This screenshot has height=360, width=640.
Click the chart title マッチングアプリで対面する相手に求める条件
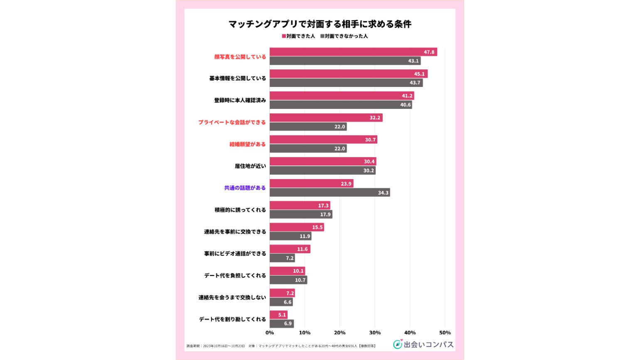(320, 24)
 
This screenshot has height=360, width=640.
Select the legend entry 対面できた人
(298, 36)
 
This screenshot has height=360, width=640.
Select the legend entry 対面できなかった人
(344, 36)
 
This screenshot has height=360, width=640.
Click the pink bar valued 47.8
(353, 52)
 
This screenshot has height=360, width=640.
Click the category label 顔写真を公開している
(240, 57)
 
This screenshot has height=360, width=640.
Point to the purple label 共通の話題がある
(245, 188)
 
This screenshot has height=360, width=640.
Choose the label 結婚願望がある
(247, 144)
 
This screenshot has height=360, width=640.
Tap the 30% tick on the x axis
(375, 333)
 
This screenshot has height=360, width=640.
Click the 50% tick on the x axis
(445, 333)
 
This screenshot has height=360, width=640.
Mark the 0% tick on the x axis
(270, 333)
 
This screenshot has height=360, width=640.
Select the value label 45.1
(419, 74)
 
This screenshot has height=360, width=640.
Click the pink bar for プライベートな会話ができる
(326, 118)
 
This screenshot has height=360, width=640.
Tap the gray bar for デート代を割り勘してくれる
(281, 323)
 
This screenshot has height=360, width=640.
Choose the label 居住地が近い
(250, 166)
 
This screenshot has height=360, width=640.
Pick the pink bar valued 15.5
(296, 227)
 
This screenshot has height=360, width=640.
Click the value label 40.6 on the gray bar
(405, 105)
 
